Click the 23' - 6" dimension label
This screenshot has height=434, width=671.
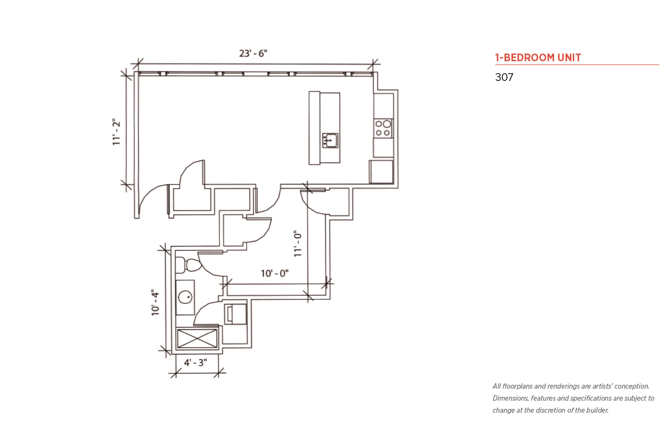coord(253,54)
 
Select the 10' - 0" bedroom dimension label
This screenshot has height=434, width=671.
coord(275,273)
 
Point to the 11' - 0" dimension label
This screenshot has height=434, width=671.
coord(297,243)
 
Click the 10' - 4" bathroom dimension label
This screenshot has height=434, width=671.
coord(155,302)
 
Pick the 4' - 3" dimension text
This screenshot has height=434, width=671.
coord(195,362)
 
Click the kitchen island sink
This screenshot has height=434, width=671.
coord(330,140)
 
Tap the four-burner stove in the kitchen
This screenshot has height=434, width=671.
coord(383,128)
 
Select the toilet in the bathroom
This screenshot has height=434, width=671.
coord(188,265)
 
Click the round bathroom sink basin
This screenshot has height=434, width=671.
coord(185,297)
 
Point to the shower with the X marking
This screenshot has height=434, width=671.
coord(197,339)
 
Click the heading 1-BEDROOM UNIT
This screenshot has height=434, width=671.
coord(538,57)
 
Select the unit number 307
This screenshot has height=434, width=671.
coord(504,77)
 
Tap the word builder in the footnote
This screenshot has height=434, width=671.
coord(597,410)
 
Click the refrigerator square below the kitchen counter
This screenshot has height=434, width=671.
coord(381,172)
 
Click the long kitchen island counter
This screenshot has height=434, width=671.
coord(325,128)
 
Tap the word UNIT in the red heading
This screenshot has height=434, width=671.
coord(569,57)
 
